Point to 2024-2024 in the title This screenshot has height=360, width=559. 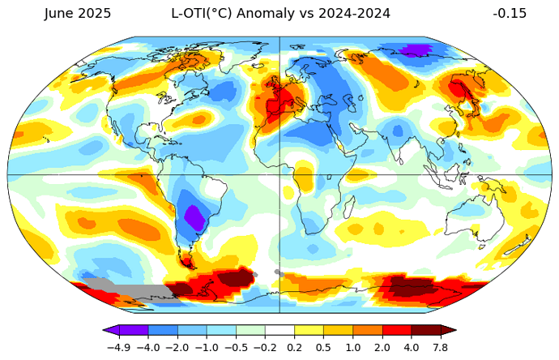coord(354,14)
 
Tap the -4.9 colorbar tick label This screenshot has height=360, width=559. coord(119,346)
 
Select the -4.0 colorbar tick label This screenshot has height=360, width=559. coord(148,346)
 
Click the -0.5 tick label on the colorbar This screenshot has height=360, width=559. coord(236,346)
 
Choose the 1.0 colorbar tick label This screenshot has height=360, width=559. coord(352,346)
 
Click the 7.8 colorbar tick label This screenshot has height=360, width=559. coord(440,346)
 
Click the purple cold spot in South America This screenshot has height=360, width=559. coord(194,217)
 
